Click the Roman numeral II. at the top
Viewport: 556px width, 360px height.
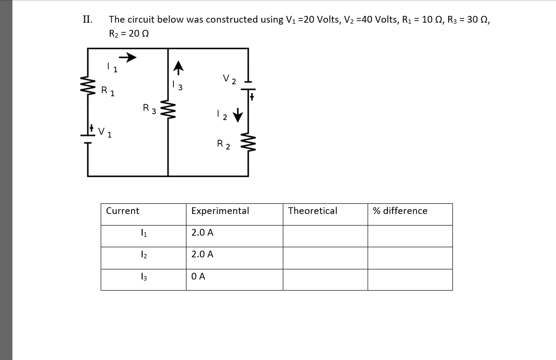[x=87, y=19]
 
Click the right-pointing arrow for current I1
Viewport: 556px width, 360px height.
[x=128, y=58]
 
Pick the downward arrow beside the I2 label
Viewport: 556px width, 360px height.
[x=238, y=116]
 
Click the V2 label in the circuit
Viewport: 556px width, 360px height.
[x=229, y=79]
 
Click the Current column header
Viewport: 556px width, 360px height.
[x=122, y=211]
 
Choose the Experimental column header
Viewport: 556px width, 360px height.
[x=220, y=211]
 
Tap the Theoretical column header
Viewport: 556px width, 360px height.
[x=313, y=211]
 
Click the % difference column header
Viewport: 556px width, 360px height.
[x=400, y=211]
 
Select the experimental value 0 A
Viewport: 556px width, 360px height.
[x=198, y=276]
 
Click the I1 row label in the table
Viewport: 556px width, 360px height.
[x=143, y=233]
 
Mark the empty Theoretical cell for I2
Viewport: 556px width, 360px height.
[x=325, y=258]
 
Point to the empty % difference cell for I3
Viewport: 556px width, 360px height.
[x=410, y=280]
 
